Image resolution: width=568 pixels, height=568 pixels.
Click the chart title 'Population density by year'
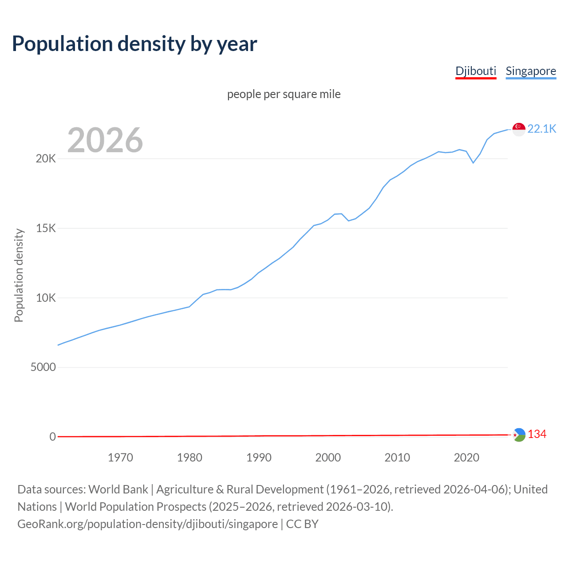tap(134, 43)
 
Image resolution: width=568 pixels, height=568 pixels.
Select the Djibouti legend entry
tap(476, 71)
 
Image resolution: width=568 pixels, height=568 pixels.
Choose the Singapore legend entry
tap(531, 71)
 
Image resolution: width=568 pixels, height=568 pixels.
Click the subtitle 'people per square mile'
tap(284, 94)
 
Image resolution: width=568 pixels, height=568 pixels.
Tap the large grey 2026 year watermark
tap(105, 140)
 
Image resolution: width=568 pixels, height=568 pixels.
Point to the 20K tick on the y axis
tap(46, 159)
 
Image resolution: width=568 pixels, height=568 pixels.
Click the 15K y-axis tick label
tap(46, 229)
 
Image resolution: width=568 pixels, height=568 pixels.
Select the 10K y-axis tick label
tap(46, 298)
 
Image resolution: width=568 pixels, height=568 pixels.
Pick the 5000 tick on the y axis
tap(43, 367)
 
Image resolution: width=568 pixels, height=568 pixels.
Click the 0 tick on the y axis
tap(53, 437)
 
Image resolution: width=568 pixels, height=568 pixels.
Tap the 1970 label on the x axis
tap(120, 458)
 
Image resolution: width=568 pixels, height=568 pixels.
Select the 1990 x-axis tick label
tap(259, 458)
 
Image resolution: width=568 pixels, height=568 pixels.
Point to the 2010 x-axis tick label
tap(397, 458)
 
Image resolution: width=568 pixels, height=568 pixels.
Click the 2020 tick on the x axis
tap(466, 458)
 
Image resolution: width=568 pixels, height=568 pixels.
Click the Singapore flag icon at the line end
tap(519, 129)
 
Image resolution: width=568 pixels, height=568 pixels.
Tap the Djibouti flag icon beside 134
tap(519, 435)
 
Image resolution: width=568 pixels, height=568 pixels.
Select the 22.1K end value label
tap(542, 129)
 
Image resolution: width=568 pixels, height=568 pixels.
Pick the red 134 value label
tap(537, 434)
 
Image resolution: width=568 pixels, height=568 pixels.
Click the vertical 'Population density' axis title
tap(19, 275)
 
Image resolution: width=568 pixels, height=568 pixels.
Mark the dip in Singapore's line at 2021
tap(473, 163)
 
